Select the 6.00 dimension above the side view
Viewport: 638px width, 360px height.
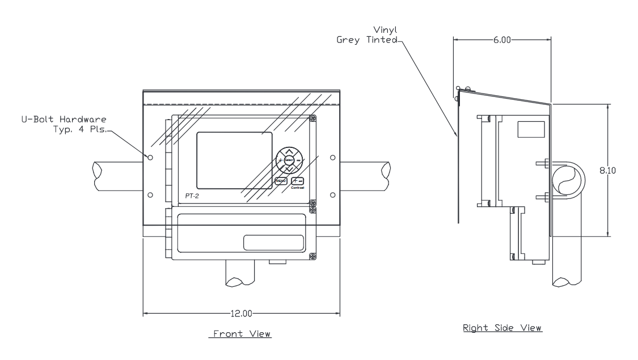(x=502, y=40)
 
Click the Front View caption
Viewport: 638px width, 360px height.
(x=241, y=334)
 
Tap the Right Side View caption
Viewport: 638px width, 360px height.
(x=502, y=327)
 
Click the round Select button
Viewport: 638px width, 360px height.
(x=289, y=160)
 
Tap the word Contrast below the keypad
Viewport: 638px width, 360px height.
(x=297, y=188)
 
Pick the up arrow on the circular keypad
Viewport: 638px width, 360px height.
(x=289, y=151)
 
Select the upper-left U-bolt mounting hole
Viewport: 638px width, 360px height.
(x=150, y=157)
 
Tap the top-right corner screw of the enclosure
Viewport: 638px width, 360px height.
(x=312, y=118)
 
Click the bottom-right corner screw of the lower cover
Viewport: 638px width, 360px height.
(x=312, y=257)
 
